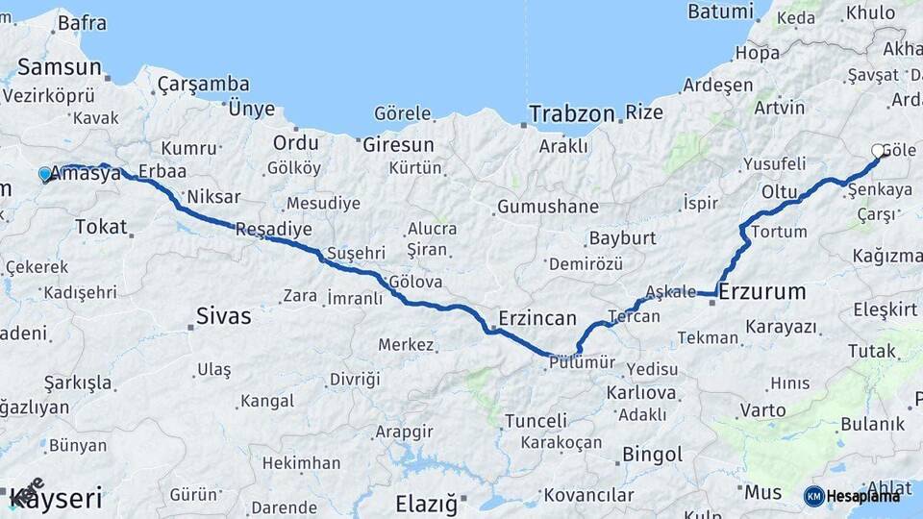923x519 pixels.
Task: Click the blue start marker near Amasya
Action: (x=44, y=174)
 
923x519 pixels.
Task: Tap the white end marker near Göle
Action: (x=878, y=151)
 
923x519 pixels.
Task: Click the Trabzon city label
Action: (x=571, y=113)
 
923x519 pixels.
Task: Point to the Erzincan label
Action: (x=537, y=318)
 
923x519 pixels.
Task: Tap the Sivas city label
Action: (x=223, y=315)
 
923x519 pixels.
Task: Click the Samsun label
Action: (x=60, y=67)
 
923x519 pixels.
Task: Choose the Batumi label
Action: (x=721, y=12)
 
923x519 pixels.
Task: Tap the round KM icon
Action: (x=813, y=496)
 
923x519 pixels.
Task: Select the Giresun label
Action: (x=399, y=145)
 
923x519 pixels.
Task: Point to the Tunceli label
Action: (x=536, y=421)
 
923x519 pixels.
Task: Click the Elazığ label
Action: (x=427, y=503)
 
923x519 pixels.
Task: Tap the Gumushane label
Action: (x=548, y=207)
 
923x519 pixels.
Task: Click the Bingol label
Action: (x=653, y=454)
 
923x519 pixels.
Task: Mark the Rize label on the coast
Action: (x=644, y=112)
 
